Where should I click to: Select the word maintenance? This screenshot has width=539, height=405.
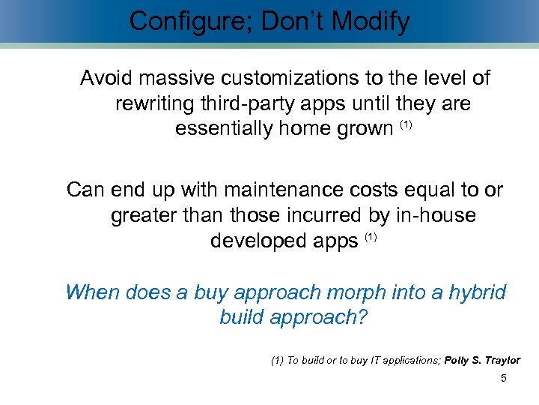tap(281, 190)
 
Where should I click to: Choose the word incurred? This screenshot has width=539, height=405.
tap(326, 216)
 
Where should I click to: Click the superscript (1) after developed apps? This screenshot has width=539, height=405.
tap(371, 237)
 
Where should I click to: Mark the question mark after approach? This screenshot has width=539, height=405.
tap(363, 317)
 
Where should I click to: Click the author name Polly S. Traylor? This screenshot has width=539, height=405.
tap(482, 361)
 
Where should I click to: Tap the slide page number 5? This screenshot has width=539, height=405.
tap(503, 379)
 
